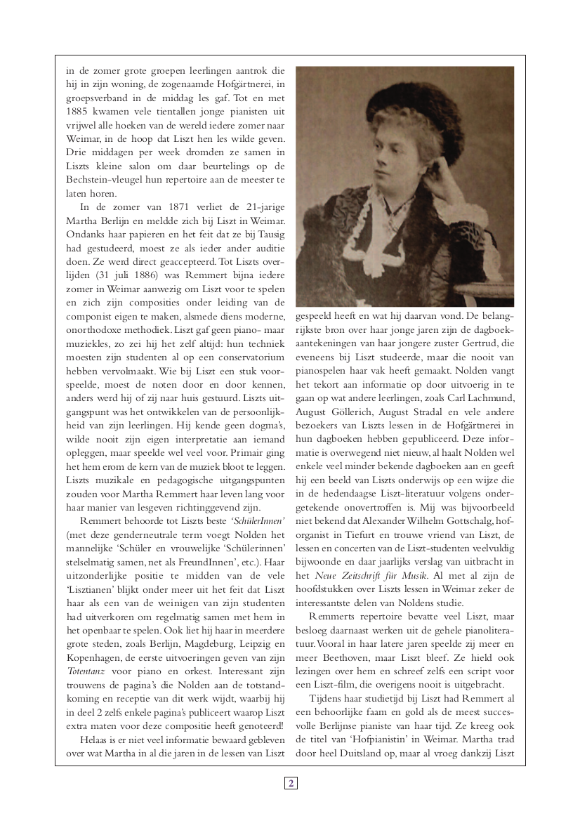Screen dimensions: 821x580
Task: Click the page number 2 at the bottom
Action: [291, 783]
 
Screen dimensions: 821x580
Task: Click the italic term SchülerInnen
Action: [259, 520]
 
